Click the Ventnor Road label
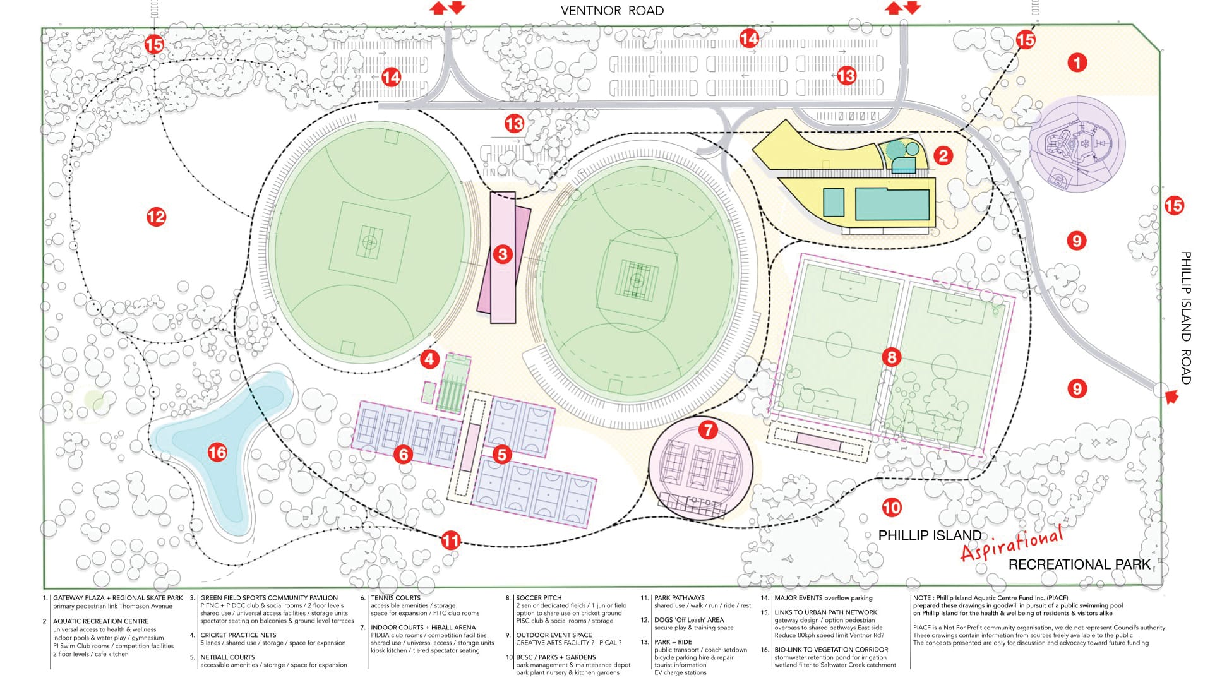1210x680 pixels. (612, 11)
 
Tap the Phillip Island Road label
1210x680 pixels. (1186, 318)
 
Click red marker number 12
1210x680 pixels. (156, 217)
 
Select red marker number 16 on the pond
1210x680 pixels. (217, 452)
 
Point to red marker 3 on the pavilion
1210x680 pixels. (503, 254)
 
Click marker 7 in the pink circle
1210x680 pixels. (708, 430)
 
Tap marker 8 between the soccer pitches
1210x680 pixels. (892, 358)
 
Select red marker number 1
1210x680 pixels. (1077, 63)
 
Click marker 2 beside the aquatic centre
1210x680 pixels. (943, 155)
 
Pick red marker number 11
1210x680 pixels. (450, 540)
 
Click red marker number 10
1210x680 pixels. (891, 507)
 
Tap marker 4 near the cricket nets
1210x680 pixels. (430, 359)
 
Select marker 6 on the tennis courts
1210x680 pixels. (404, 454)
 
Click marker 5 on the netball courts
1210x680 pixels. (502, 454)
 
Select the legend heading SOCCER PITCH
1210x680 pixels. (538, 597)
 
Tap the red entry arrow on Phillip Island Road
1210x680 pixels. (1171, 397)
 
